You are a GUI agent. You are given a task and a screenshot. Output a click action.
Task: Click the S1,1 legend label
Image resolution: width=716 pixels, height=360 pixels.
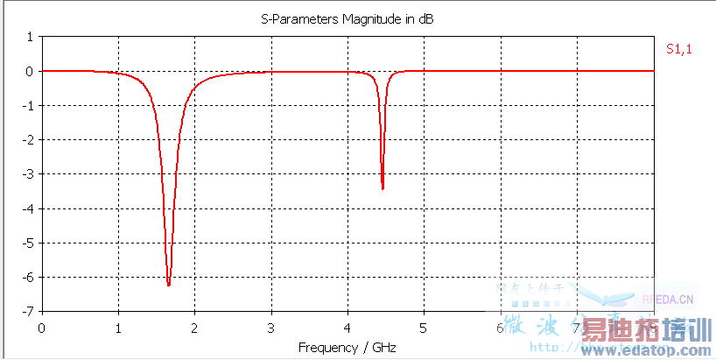[678, 50]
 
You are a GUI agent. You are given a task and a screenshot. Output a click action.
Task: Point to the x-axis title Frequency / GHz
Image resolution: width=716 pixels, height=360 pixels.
[347, 348]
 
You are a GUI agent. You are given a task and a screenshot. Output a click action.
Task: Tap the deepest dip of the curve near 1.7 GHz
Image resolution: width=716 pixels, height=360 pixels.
[168, 285]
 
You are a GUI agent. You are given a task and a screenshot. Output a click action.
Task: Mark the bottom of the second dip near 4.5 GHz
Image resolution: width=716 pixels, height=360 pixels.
[383, 188]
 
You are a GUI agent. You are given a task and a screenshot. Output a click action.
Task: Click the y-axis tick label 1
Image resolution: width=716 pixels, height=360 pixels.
[29, 37]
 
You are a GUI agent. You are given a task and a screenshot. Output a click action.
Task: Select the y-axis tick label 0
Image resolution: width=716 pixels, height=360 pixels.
[29, 71]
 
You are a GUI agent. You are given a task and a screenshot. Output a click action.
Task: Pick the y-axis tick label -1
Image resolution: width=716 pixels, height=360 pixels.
[27, 105]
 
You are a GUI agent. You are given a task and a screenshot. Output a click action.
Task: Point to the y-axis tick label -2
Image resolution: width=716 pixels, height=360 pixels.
[27, 139]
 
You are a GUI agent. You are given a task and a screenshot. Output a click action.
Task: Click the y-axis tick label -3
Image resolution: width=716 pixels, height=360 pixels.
[27, 173]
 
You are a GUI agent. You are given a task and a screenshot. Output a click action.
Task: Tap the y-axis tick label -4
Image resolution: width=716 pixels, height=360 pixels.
[27, 208]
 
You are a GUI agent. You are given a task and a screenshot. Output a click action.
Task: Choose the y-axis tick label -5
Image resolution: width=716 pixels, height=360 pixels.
[27, 243]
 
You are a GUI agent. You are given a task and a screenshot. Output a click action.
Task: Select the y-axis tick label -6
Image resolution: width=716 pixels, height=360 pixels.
[27, 277]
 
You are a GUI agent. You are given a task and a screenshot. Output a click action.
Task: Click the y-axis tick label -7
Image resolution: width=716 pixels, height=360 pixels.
[27, 311]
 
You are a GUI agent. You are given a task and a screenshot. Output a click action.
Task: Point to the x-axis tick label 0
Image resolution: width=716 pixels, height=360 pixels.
[41, 327]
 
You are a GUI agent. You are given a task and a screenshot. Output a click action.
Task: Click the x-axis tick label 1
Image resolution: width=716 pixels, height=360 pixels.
[117, 327]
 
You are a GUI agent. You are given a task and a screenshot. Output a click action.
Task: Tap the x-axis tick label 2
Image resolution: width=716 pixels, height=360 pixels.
[194, 327]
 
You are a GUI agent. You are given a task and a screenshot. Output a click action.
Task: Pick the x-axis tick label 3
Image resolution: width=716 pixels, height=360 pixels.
[270, 327]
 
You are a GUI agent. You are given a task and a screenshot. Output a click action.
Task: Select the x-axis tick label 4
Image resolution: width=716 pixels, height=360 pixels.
[347, 327]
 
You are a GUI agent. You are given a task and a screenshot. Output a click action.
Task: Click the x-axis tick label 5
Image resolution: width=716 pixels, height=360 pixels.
[424, 327]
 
